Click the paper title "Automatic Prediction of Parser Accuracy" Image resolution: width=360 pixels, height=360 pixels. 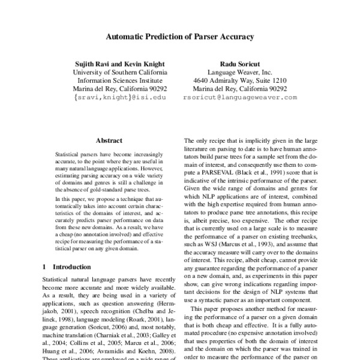[x=179, y=36]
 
